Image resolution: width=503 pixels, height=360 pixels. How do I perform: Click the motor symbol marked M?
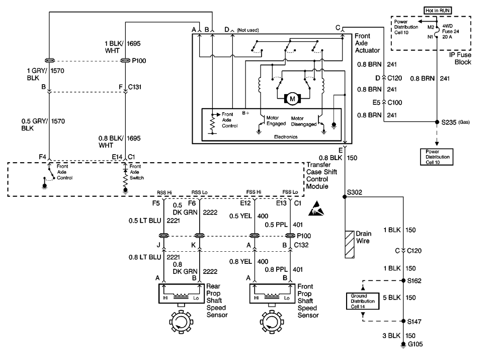click(x=292, y=99)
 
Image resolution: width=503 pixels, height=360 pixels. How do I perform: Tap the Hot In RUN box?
click(x=438, y=11)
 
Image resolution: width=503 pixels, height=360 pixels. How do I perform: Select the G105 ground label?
click(x=415, y=344)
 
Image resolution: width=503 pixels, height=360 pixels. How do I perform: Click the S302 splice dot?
click(x=345, y=197)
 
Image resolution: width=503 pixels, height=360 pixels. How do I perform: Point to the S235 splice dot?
click(x=437, y=122)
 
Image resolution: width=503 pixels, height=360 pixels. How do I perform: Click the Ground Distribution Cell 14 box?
click(x=363, y=301)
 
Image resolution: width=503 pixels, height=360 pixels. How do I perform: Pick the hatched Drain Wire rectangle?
click(x=350, y=244)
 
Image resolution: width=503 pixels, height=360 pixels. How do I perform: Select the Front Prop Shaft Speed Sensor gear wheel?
click(x=272, y=322)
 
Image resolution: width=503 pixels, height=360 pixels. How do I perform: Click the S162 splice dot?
click(x=403, y=280)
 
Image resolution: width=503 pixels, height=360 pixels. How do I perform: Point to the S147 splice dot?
click(x=403, y=321)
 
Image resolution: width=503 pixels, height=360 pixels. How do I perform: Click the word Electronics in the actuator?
click(x=286, y=137)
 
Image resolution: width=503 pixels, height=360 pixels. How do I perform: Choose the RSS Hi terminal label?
click(x=164, y=192)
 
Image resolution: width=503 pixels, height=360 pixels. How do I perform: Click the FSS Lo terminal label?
click(x=290, y=192)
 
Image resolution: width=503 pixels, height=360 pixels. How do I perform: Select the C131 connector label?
click(x=135, y=87)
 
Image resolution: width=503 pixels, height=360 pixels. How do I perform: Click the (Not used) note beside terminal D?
click(x=247, y=30)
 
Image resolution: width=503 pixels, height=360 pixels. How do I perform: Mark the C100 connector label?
click(x=395, y=102)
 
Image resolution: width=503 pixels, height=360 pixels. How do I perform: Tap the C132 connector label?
click(x=301, y=245)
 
